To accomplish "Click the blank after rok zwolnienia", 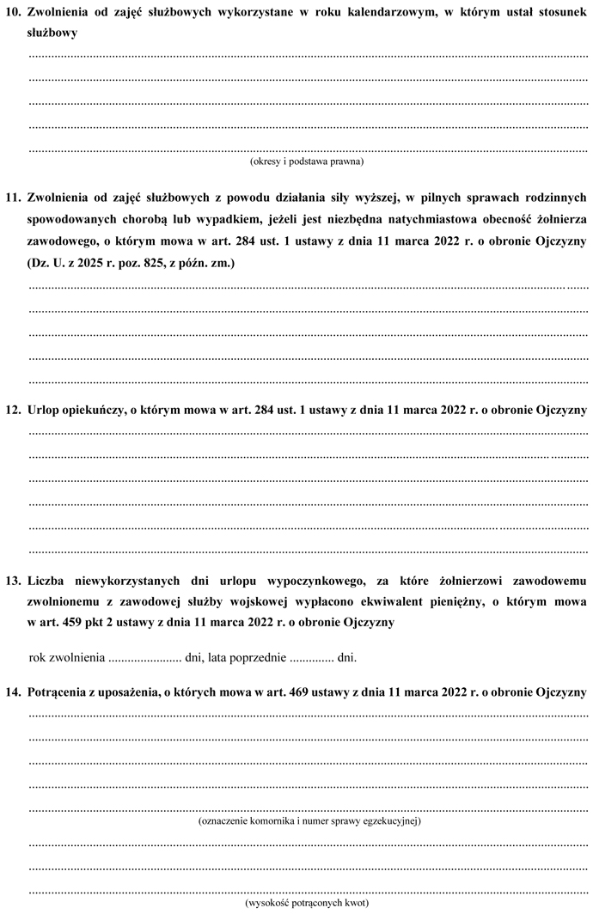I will point(142,659).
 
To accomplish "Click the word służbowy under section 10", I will point(52,34).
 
